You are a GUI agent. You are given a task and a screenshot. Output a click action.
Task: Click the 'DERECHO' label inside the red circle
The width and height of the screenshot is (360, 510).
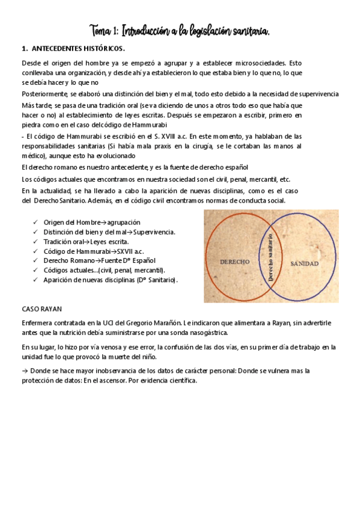(x=234, y=263)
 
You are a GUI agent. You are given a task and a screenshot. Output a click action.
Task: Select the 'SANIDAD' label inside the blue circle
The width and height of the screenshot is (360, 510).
(x=304, y=263)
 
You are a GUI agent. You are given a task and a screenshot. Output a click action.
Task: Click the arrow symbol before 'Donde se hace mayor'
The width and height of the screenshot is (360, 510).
(x=25, y=371)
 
